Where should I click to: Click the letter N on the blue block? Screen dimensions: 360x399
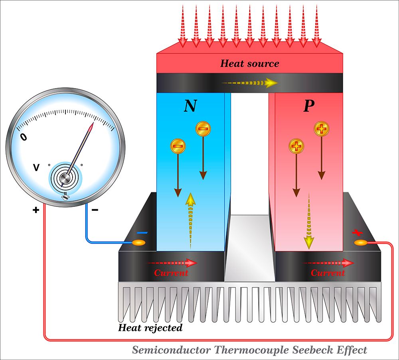190,106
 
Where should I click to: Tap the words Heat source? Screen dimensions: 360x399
250,63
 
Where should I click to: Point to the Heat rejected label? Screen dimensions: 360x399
150,328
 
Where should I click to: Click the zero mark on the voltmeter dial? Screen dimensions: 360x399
24,137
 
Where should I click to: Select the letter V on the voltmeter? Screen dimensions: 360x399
36,168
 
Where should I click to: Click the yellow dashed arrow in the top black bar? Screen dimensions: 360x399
249,83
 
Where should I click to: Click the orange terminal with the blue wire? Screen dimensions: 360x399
139,242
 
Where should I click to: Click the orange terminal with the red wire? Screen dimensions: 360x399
360,242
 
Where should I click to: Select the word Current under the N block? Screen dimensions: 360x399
171,273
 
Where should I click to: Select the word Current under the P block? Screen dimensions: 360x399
328,273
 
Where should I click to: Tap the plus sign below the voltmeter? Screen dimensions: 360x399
36,210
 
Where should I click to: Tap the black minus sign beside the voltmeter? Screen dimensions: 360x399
95,210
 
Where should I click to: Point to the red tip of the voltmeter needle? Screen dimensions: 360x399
91,127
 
